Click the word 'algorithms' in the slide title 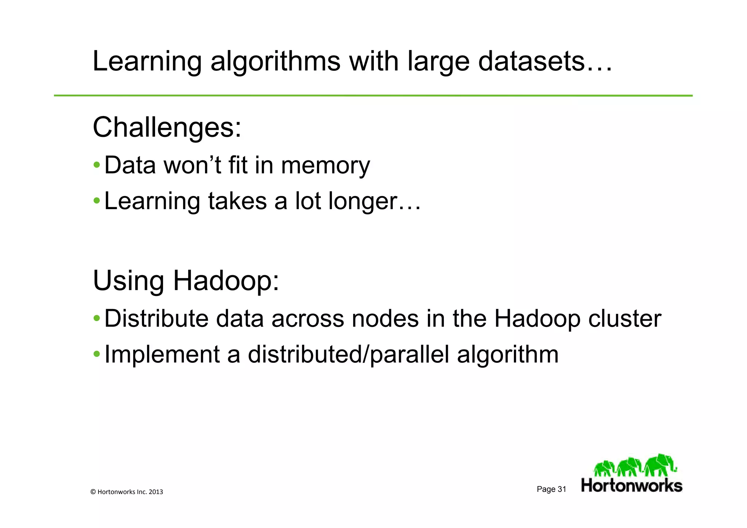click(x=275, y=62)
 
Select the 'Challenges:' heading click(x=167, y=127)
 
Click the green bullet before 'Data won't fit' click(x=97, y=165)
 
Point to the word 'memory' click(x=325, y=166)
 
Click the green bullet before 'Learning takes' click(x=97, y=200)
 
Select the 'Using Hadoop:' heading click(x=186, y=281)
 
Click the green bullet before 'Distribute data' click(x=97, y=318)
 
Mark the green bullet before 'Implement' click(x=97, y=354)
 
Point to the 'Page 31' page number click(x=551, y=489)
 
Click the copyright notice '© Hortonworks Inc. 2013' click(x=127, y=492)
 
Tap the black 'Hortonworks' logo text click(x=632, y=486)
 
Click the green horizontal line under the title click(x=373, y=96)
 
